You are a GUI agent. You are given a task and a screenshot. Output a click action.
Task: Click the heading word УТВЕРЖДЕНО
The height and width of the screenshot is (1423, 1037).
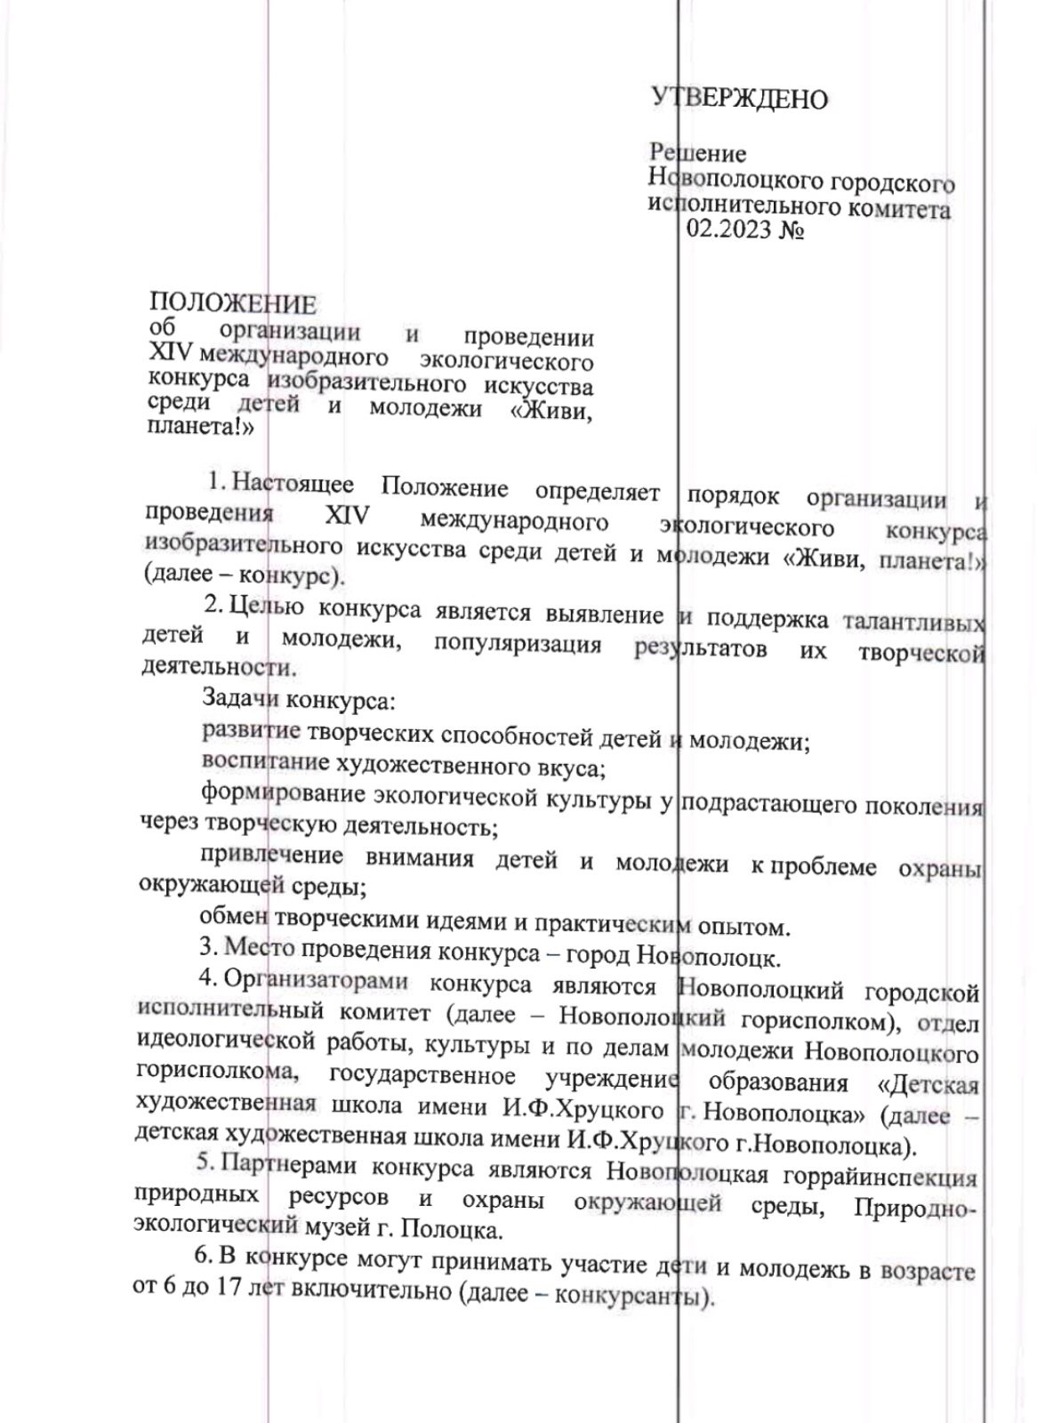point(740,98)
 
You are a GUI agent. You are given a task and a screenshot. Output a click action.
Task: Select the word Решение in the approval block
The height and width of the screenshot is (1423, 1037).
point(697,154)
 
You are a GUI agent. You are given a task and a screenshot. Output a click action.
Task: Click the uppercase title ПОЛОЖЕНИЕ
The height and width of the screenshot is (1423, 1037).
point(232,304)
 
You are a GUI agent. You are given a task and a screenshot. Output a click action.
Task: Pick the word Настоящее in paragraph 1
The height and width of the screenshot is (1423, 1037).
point(293,486)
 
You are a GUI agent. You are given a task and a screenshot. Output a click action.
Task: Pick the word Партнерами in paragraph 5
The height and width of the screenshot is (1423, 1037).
point(279,1163)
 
